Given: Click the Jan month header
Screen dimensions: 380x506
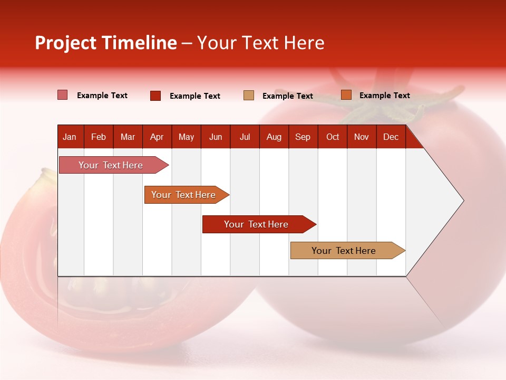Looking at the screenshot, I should tap(70, 137).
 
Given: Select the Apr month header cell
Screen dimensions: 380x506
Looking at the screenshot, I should tap(157, 137).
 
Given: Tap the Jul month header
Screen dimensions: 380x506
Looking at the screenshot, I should tap(245, 137).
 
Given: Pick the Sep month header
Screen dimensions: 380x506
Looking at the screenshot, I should tap(303, 137).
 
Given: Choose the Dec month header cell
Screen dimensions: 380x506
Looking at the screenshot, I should tap(391, 137).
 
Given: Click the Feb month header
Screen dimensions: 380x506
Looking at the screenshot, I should tap(99, 137).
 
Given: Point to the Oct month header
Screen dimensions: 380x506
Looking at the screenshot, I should tap(333, 137).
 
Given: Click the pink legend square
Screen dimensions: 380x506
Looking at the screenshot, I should tap(63, 95).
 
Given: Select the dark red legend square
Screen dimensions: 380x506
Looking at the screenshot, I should tap(155, 96).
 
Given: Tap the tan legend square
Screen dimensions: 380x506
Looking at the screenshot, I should tap(249, 95).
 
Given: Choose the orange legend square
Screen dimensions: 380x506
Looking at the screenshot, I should tap(346, 95).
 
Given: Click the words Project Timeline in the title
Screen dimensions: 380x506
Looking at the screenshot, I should tap(106, 43).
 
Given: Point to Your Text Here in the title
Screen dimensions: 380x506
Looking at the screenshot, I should tap(260, 43).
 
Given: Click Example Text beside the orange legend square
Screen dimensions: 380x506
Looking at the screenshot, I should tap(384, 95).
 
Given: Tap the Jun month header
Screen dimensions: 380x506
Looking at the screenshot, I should tap(216, 137).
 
